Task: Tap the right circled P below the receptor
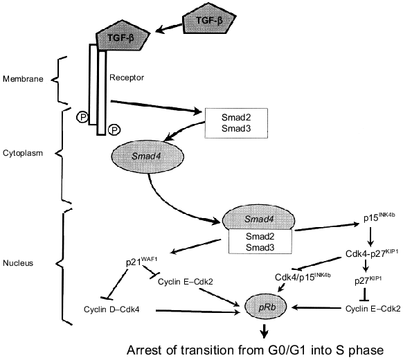114,129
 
